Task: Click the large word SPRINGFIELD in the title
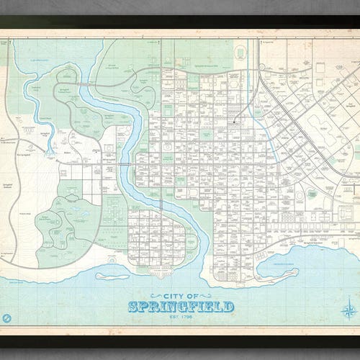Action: (181, 307)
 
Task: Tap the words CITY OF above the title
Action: (181, 295)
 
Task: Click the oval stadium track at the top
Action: (240, 51)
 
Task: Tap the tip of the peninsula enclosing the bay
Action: (295, 272)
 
